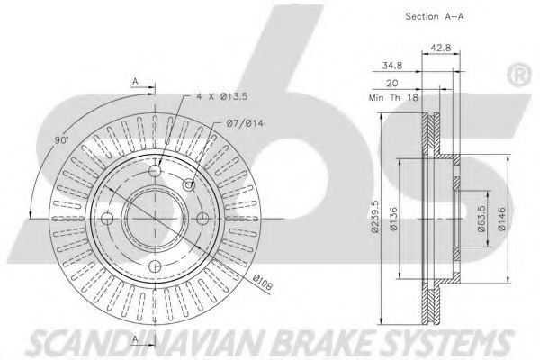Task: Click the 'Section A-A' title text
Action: [x=435, y=16]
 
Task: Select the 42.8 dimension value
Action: [x=441, y=48]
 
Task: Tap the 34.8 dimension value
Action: [x=392, y=66]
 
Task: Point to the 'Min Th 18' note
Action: [x=393, y=98]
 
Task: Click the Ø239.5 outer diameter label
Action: [x=375, y=217]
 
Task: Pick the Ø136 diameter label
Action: [x=393, y=219]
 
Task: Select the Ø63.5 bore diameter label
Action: [x=481, y=219]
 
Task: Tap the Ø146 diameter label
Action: [x=501, y=219]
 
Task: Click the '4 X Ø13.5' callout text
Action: [x=221, y=96]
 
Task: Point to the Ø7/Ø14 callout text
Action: [x=245, y=123]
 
